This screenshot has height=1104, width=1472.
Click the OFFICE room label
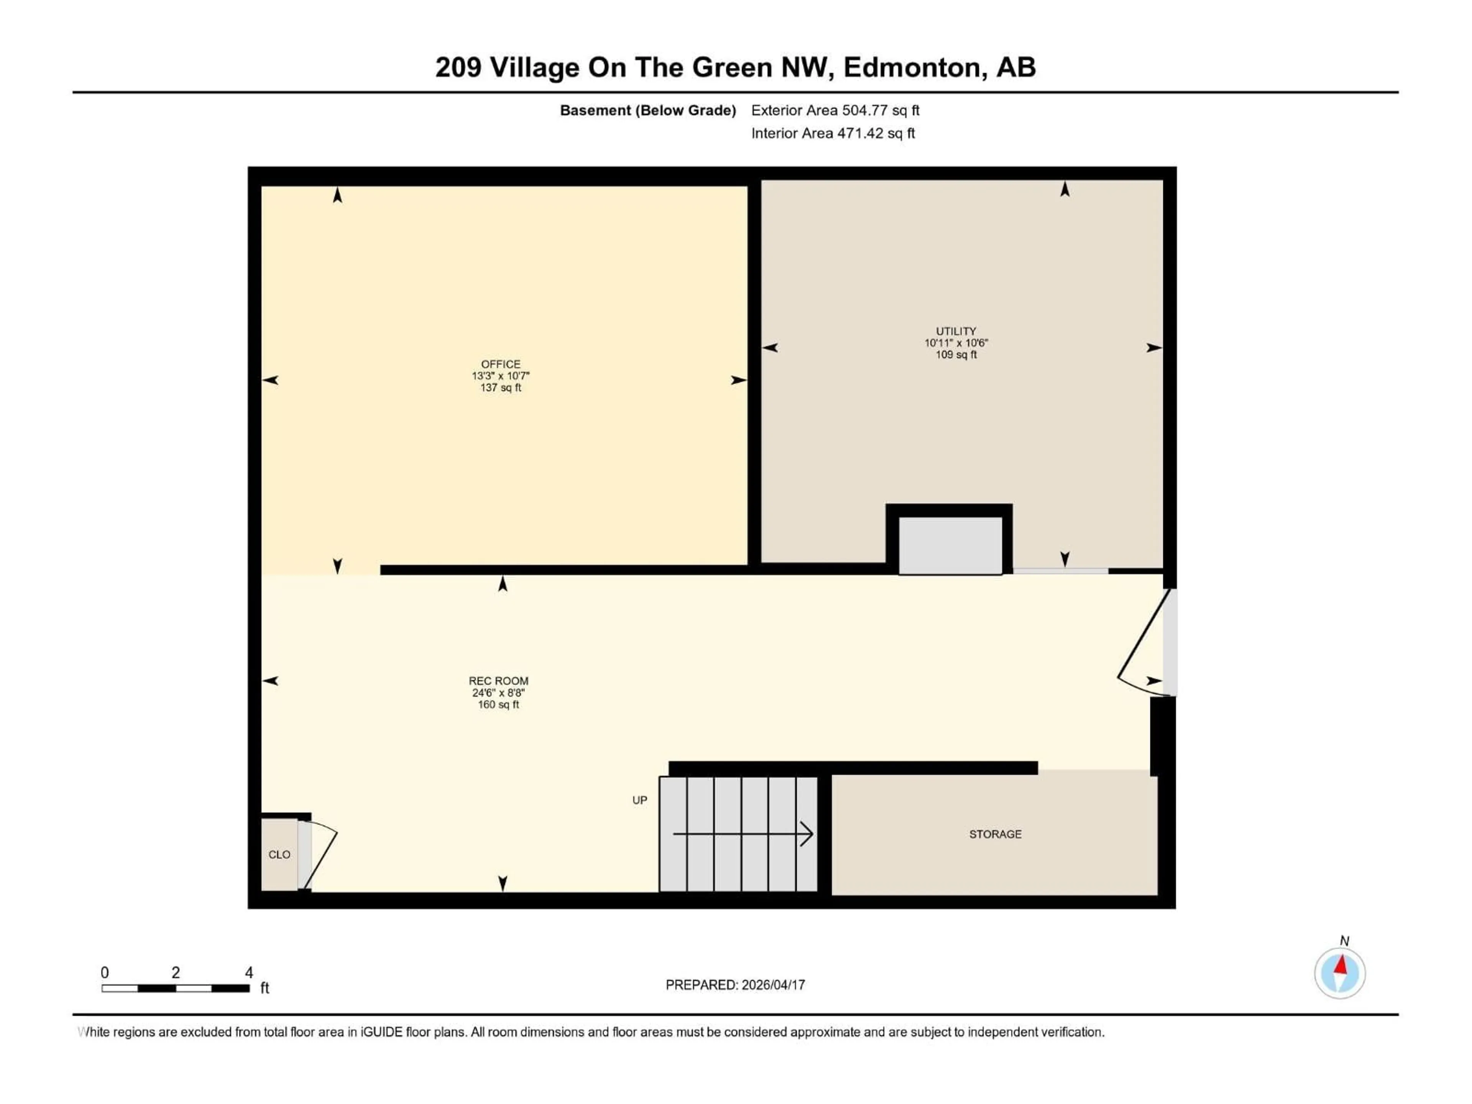coord(500,364)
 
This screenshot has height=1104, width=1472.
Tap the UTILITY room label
coord(956,331)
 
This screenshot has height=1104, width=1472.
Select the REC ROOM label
coord(498,681)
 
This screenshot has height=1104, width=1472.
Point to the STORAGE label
coord(995,834)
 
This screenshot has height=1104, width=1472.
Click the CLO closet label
coord(279,854)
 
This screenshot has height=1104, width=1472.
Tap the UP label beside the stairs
coord(639,800)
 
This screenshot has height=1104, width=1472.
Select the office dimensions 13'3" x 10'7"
coord(500,376)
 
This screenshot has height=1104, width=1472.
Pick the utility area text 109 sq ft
coord(956,355)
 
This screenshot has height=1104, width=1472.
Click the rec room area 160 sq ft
coord(498,704)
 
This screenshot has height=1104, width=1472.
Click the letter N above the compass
coord(1344,941)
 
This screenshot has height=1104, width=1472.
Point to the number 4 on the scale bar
coord(249,972)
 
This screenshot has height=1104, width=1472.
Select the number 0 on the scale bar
coord(105,972)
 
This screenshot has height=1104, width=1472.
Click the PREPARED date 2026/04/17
coord(773,985)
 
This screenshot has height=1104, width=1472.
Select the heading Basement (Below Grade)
coord(647,110)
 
